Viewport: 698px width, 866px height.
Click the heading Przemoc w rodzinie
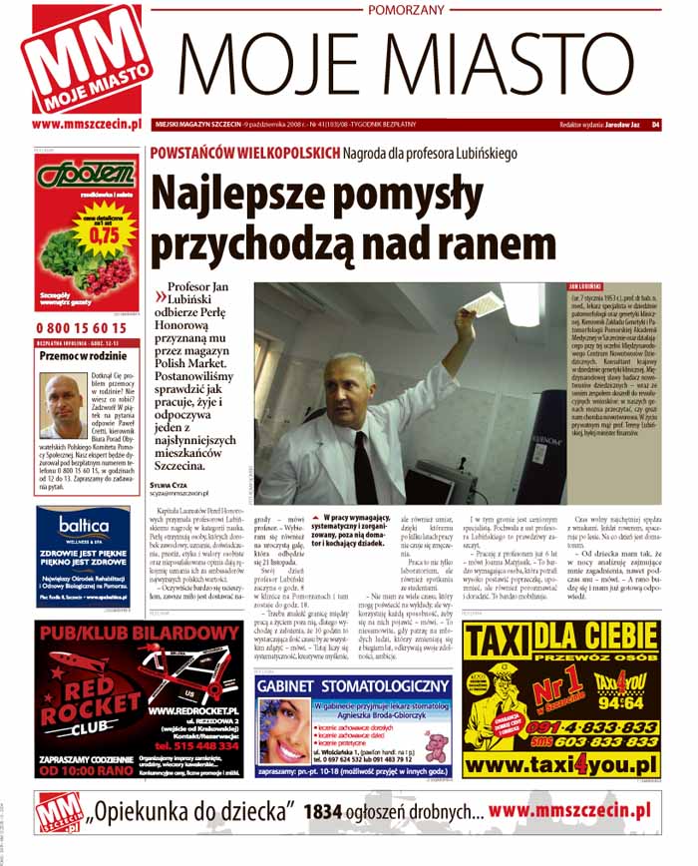(78, 355)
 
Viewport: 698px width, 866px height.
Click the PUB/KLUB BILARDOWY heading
(137, 634)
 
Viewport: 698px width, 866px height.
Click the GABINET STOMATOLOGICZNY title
(354, 685)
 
